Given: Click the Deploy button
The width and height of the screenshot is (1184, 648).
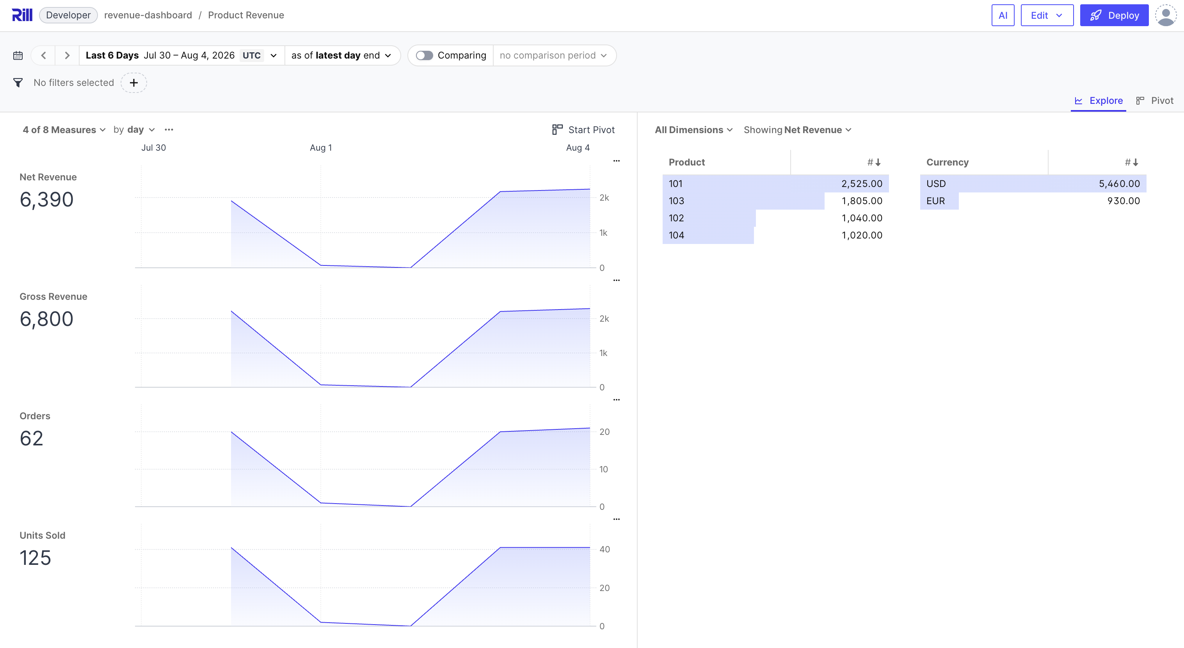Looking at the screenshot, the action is point(1114,15).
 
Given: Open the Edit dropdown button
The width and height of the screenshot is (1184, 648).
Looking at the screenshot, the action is point(1047,15).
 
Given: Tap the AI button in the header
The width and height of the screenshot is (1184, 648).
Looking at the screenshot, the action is point(1003,15).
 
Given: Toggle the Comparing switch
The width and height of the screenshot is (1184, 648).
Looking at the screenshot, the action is point(424,55).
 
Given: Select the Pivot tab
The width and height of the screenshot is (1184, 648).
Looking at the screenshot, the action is point(1155,100).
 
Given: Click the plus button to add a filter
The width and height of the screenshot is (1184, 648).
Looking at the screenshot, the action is point(134,83).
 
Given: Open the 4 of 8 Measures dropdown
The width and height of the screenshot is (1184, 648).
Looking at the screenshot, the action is point(64,130).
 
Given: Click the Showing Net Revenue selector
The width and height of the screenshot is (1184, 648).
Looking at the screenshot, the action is point(797,130).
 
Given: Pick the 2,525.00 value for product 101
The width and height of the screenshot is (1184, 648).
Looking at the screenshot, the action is point(862,183).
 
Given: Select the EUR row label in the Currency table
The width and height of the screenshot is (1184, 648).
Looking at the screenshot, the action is point(935,201).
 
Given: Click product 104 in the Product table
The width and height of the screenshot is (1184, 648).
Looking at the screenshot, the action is point(676,235).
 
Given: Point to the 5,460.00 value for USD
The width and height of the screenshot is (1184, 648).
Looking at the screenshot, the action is point(1119,183).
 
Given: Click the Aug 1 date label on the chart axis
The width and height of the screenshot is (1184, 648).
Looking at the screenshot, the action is point(321,148).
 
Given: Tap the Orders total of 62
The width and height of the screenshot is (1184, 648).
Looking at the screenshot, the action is point(31,438).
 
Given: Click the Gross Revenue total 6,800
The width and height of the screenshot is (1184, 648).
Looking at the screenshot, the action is point(46,319).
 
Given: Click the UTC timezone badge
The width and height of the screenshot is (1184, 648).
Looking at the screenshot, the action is point(251,55).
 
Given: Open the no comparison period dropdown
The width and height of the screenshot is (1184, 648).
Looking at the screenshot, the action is point(553,55).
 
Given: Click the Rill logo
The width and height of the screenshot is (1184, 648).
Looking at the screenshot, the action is point(22,15).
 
